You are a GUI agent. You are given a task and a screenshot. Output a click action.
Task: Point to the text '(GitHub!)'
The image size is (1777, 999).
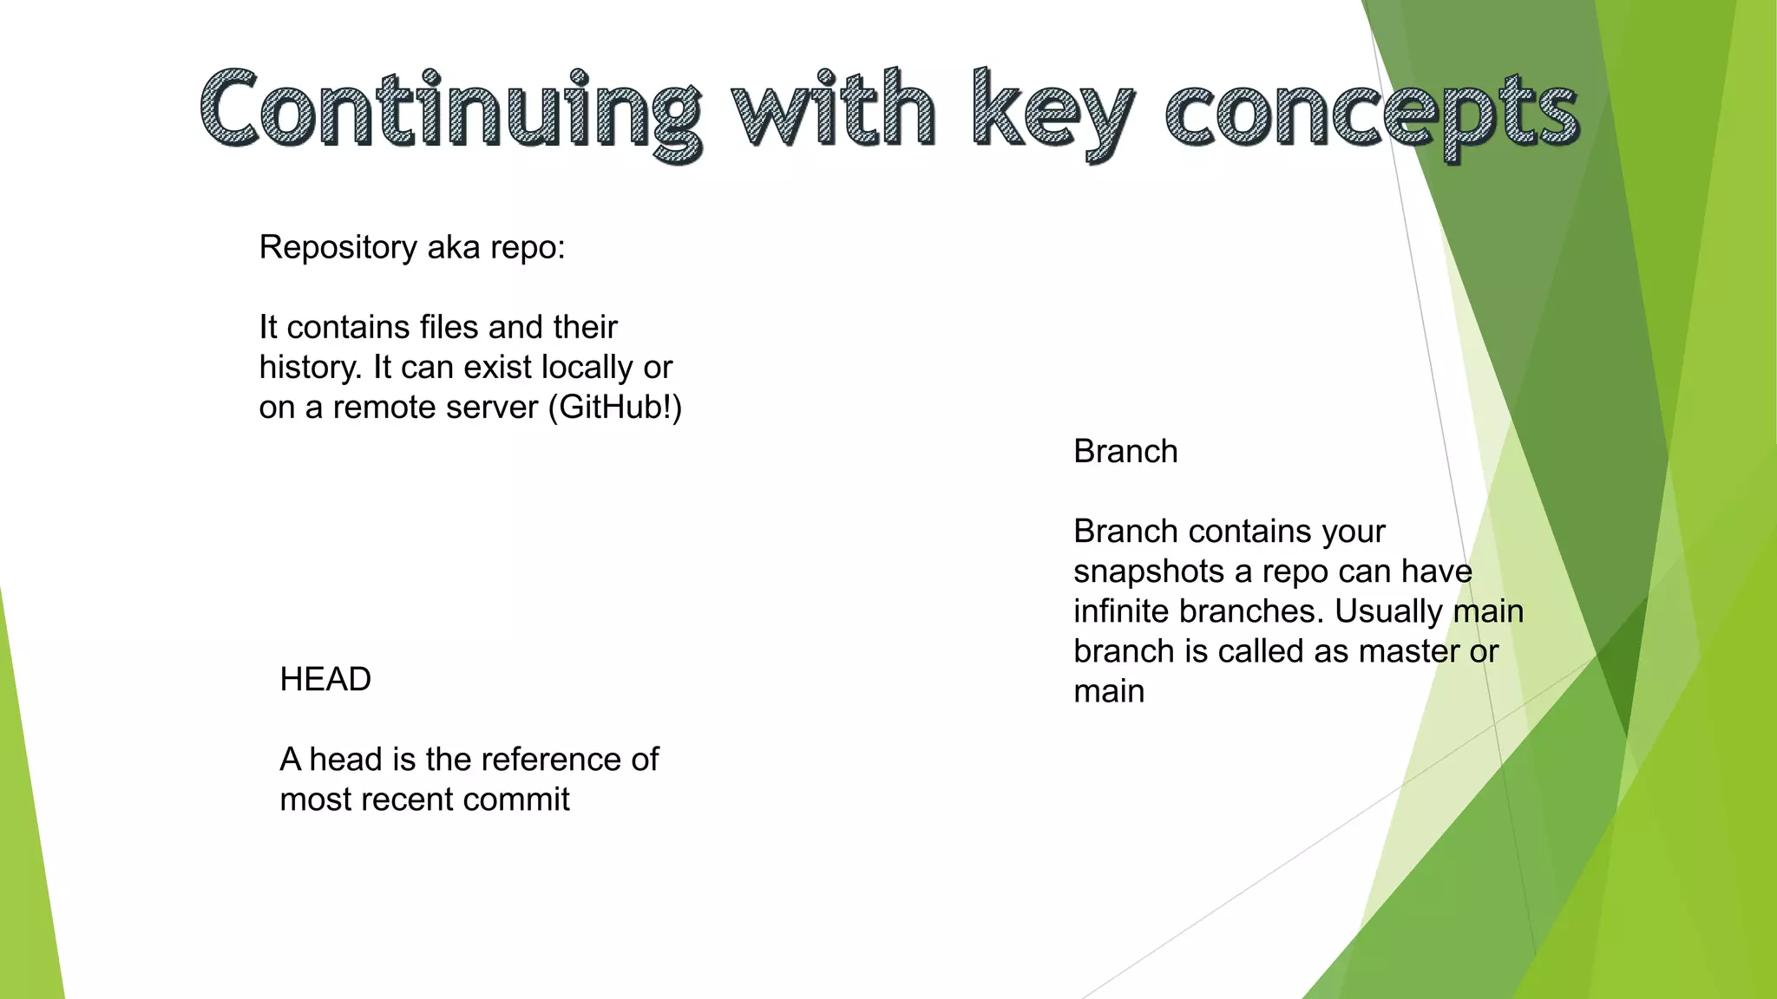[x=615, y=408]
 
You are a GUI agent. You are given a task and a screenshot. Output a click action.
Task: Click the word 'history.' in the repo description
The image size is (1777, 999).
[x=310, y=368]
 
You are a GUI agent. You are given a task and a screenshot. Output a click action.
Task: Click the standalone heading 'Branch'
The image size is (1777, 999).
[x=1125, y=452]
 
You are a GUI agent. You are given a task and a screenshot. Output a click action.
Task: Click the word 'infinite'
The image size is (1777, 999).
[x=1122, y=611]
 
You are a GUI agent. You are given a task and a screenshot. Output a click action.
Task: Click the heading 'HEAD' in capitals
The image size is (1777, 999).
[x=325, y=680]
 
